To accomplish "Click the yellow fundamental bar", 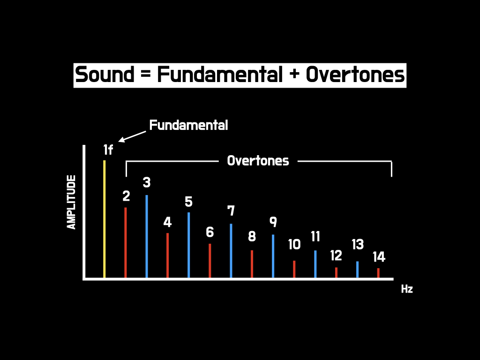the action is point(105,219).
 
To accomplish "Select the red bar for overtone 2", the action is point(126,242).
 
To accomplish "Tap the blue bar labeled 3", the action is point(147,236).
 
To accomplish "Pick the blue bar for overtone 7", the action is point(231,251).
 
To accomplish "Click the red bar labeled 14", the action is point(378,273).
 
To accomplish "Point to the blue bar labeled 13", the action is point(357,270).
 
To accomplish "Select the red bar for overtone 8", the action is point(252,264).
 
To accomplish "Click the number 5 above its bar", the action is point(188,202).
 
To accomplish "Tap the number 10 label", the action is point(294,244).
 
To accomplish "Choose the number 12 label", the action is point(336,255).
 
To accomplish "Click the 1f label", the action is point(108,150).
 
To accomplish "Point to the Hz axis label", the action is point(407,289).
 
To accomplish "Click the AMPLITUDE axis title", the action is point(71,202).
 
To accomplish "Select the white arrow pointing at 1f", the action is point(132,136).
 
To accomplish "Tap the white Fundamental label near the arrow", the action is point(188,125).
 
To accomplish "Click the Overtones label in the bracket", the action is point(258,161).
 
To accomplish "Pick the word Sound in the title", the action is point(105,75).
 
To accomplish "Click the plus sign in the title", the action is point(294,75).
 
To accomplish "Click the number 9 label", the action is point(273,222).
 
